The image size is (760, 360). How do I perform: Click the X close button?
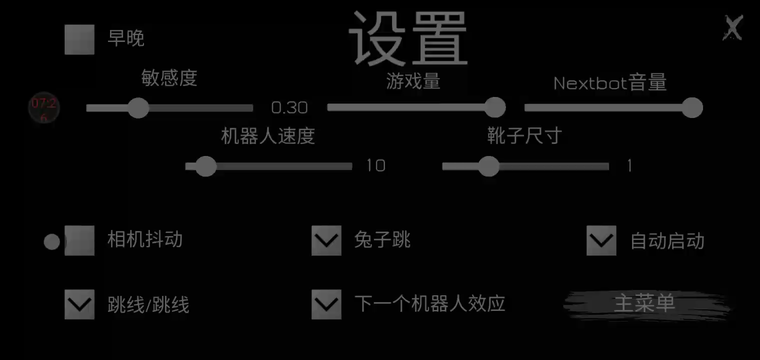point(733,28)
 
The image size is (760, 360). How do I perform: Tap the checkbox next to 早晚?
point(79,39)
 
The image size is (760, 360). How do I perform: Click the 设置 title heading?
point(408,38)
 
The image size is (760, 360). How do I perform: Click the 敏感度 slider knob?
point(138,108)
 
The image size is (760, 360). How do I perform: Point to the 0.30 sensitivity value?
point(289,108)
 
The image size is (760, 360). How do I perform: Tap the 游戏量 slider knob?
point(495,107)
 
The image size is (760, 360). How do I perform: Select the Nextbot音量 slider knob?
point(692,107)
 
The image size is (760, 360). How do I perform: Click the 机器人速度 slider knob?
point(205,166)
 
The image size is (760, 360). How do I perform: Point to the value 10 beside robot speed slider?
point(376,166)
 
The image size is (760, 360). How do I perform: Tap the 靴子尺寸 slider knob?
point(489,166)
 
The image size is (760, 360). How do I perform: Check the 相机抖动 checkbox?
point(79,240)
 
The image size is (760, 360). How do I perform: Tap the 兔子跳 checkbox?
point(326,240)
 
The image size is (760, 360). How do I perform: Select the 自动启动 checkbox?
point(601,240)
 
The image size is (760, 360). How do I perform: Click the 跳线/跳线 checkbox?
point(79,304)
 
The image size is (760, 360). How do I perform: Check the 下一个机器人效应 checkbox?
point(326,304)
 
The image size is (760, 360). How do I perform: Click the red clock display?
point(44,108)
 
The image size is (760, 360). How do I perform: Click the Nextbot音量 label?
point(610,83)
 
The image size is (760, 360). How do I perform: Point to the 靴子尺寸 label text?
point(524,135)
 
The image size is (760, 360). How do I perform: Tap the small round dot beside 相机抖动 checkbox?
point(52,241)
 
